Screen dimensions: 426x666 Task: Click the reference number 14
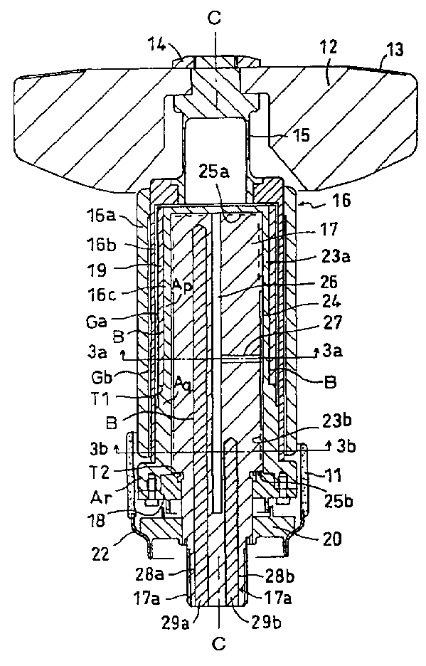[156, 45]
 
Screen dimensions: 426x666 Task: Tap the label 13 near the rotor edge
[394, 50]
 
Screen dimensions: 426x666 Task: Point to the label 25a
[215, 173]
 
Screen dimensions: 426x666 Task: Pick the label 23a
[335, 256]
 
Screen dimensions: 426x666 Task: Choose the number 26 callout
[329, 281]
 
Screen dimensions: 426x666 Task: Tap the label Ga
[95, 322]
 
